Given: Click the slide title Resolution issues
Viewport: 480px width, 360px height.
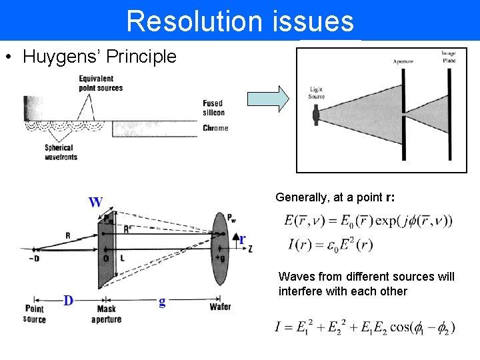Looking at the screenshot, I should click(240, 21).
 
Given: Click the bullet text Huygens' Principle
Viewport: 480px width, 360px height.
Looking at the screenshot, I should click(99, 57).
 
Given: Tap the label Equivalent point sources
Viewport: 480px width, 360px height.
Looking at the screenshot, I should click(100, 83).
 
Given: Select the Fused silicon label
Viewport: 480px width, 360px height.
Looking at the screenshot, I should click(213, 109).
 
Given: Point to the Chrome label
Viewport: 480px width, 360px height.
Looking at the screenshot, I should click(215, 128).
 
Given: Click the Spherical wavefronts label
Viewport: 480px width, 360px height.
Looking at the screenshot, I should click(61, 152).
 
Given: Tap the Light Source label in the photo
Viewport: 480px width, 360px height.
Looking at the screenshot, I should click(316, 92).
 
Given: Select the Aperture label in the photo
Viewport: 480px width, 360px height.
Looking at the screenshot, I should click(403, 61).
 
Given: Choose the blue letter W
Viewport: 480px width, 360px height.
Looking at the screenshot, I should click(96, 201).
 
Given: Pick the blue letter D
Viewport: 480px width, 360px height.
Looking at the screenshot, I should click(68, 301).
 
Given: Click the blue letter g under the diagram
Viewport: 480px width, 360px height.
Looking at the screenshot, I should click(162, 301).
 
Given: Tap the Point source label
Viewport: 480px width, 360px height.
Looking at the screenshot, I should click(35, 314).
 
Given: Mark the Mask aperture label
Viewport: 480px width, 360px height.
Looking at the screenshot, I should click(106, 314).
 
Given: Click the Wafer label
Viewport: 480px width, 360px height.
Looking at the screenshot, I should click(220, 307).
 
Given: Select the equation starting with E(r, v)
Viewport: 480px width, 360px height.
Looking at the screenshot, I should click(367, 221).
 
